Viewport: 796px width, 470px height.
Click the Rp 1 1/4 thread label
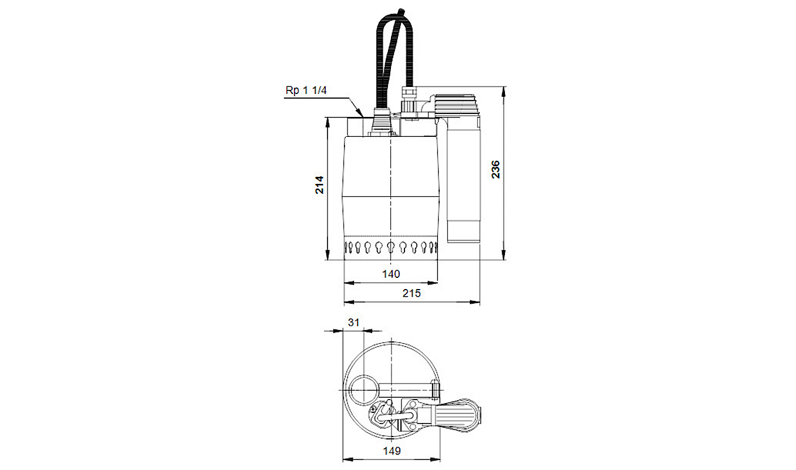coord(306,90)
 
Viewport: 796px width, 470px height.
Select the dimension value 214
coord(320,184)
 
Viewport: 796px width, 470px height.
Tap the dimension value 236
coord(496,169)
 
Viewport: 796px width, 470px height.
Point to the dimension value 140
coord(391,274)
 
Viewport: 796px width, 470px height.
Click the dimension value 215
coord(412,293)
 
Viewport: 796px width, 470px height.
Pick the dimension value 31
coord(353,322)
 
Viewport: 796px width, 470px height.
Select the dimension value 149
coord(392,451)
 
